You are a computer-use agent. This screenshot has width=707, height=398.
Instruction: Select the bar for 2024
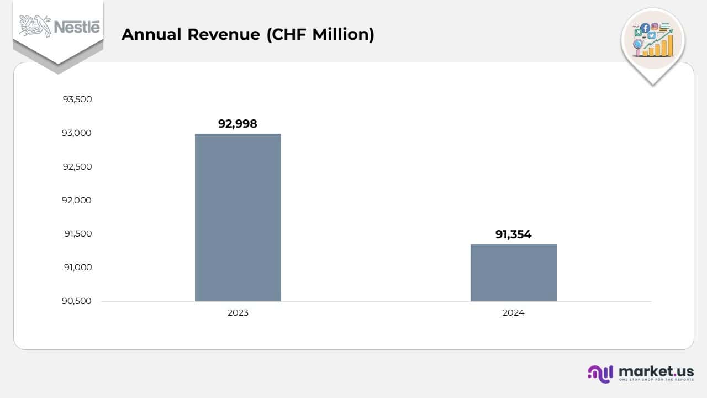point(513,273)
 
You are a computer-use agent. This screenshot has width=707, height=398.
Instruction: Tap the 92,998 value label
point(238,124)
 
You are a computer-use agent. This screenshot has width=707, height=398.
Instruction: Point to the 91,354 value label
point(513,234)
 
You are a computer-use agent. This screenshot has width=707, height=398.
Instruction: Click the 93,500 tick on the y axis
point(77,99)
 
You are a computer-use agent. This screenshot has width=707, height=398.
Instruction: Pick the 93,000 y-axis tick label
point(77,133)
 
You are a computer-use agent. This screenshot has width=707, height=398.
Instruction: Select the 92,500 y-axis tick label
point(77,167)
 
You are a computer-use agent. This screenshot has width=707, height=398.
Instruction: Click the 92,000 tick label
point(77,201)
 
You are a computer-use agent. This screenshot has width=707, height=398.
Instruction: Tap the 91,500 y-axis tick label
point(77,234)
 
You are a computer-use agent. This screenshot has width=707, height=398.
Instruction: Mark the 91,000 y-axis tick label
point(77,268)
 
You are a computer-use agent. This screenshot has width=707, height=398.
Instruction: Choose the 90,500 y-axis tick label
point(77,301)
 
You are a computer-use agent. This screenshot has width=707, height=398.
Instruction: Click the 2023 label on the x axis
point(238,313)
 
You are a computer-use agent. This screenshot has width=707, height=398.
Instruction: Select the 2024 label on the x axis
point(513,313)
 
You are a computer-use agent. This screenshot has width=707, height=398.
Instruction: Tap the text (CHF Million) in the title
point(320,34)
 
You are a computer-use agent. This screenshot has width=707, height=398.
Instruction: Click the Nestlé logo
point(59,27)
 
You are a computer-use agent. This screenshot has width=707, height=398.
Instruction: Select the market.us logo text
point(656,371)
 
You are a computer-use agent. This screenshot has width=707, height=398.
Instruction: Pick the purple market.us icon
point(600,374)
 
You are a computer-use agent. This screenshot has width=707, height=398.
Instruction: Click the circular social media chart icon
point(653,40)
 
